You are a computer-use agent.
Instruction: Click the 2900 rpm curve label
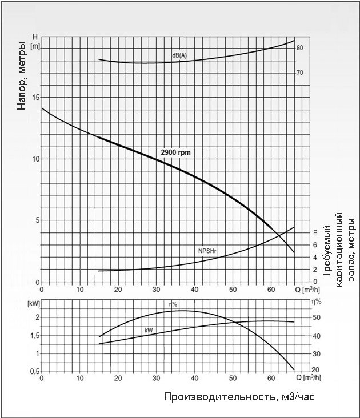[x=176, y=152]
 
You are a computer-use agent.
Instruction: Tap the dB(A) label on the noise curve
[x=179, y=55]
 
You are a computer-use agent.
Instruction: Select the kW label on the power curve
[x=149, y=329]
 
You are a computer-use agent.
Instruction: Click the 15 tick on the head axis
[x=36, y=98]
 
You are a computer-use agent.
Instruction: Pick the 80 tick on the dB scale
[x=299, y=48]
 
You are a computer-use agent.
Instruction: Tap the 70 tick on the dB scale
[x=299, y=73]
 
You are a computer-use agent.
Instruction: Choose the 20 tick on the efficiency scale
[x=315, y=371]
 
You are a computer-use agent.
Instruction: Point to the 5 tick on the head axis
[x=37, y=220]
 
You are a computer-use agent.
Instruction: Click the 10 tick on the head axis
[x=36, y=159]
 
